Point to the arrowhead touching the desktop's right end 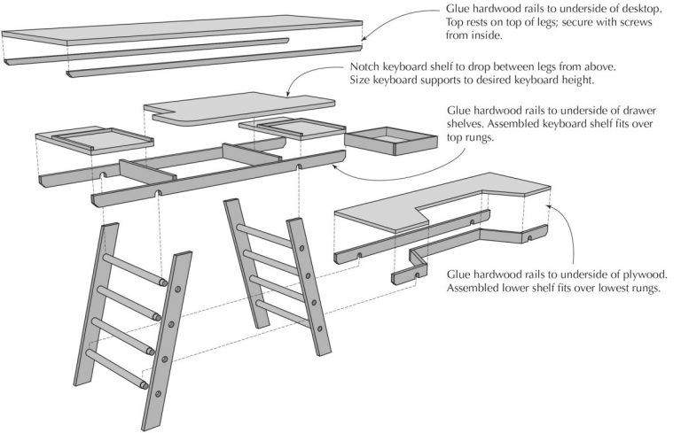click(x=364, y=36)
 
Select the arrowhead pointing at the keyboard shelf click(x=288, y=91)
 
